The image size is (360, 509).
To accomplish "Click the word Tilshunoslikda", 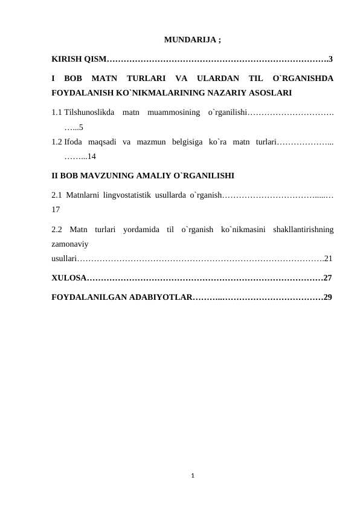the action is [x=89, y=112].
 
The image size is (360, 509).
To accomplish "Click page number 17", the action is [x=56, y=210].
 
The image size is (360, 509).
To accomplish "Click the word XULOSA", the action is [x=68, y=278].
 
